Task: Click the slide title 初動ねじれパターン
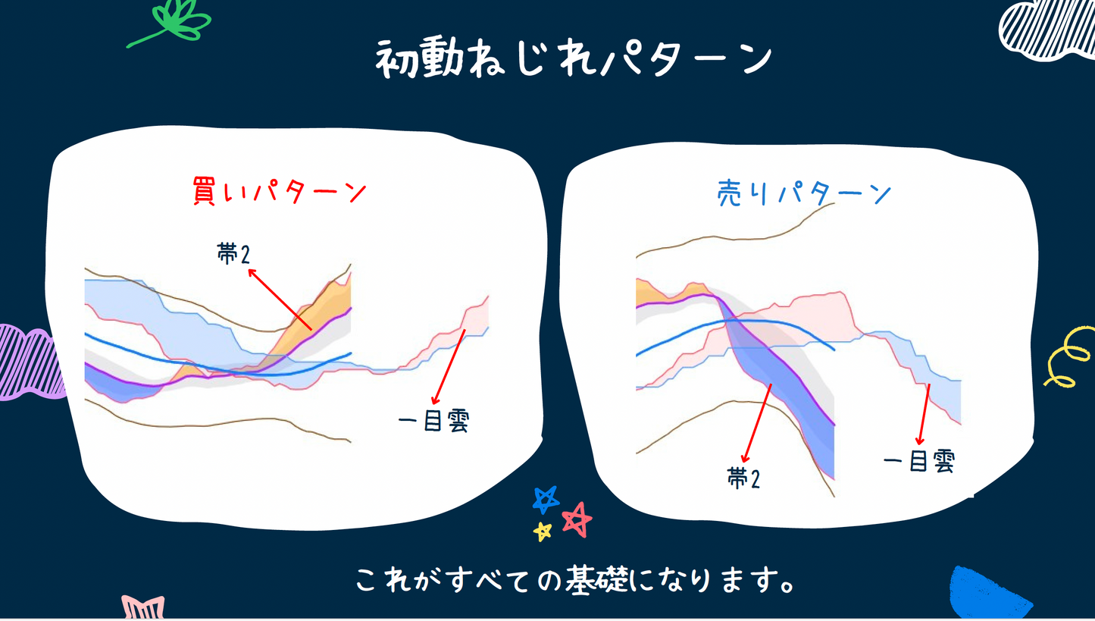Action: pos(574,58)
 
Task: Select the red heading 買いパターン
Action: pos(279,192)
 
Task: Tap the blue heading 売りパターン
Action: pos(804,194)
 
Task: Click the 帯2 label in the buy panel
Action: pos(233,254)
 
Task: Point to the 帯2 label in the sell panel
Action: pos(743,478)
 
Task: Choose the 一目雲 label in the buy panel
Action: pos(433,421)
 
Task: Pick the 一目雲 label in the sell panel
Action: pos(918,461)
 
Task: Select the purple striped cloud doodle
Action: pos(27,362)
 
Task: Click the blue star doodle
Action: pos(546,498)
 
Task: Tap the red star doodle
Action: pos(577,519)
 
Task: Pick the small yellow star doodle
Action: pos(543,531)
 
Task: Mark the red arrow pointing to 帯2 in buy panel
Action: pos(280,298)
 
